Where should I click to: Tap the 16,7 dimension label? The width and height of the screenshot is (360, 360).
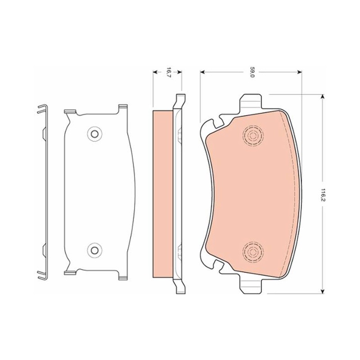point(169,72)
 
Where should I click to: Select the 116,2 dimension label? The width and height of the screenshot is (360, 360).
point(323,195)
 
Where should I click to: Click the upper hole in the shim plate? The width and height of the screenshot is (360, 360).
point(94,134)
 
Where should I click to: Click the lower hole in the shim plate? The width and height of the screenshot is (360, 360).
point(94,250)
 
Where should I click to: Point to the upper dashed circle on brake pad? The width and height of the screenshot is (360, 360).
point(253,136)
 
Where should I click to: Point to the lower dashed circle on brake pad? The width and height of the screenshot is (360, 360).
point(253,252)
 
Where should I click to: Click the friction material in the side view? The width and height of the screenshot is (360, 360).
point(163,194)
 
